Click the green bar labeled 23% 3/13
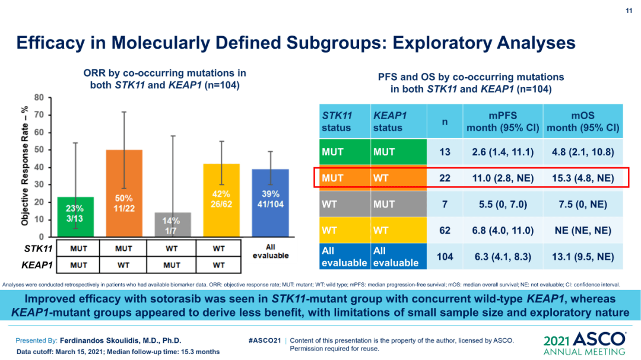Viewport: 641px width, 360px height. [75, 216]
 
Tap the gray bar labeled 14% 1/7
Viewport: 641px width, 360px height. [171, 224]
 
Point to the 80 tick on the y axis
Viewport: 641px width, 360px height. [39, 97]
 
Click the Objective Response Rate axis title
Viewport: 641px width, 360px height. [25, 167]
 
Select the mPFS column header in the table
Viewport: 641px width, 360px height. [503, 122]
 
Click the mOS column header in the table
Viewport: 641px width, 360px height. [583, 122]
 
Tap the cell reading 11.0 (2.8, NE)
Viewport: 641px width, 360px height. [503, 178]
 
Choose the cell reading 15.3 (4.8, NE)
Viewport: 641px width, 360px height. [583, 178]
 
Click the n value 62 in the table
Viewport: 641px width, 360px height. [445, 230]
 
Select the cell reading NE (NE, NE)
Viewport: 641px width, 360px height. [583, 230]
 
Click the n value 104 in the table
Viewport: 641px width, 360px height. [445, 256]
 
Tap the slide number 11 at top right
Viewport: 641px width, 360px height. [629, 11]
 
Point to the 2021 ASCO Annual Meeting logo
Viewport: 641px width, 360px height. [585, 345]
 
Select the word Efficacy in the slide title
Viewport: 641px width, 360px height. [51, 43]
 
